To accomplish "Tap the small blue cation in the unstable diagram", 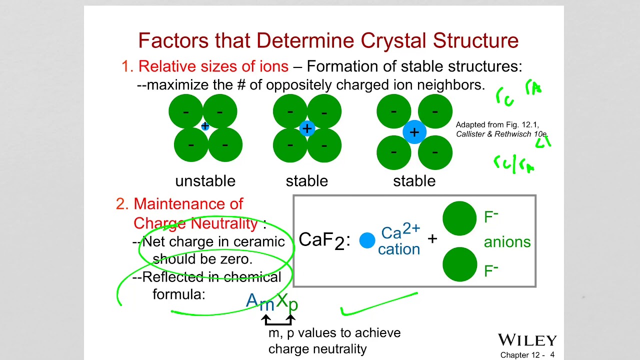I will [204, 126].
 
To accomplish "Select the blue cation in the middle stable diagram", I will [307, 128].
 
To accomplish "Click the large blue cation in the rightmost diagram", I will [414, 132].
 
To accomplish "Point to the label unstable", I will [205, 181].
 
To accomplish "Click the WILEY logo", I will [527, 340].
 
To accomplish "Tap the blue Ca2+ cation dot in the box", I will [367, 240].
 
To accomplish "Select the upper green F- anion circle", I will [459, 218].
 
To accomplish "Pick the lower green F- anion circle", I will [459, 264].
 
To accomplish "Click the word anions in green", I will [507, 242].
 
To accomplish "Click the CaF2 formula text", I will [322, 240].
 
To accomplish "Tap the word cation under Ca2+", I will [398, 249].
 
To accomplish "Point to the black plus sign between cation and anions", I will [432, 238].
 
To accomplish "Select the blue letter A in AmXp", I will [252, 300].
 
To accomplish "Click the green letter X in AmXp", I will [282, 300].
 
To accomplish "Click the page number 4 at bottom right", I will [552, 354].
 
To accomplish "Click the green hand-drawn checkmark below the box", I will [370, 306].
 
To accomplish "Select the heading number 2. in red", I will [122, 204].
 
